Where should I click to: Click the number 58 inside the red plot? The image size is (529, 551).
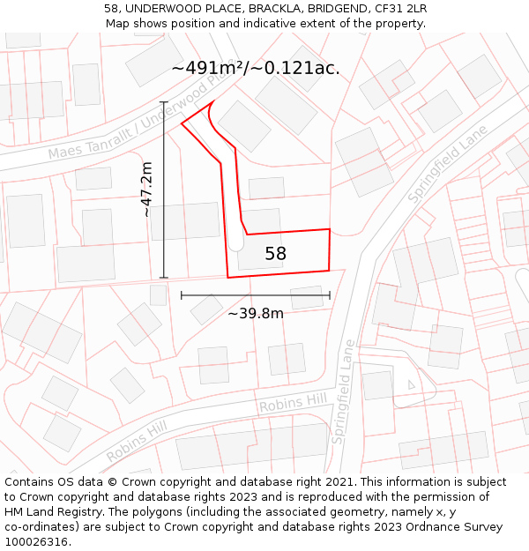tap(275, 254)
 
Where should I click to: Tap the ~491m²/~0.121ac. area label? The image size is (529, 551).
tap(256, 68)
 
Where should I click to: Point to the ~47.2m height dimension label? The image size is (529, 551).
tap(147, 189)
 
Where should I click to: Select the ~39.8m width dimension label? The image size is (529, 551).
tap(256, 313)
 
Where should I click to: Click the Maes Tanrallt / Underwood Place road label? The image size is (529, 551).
tap(132, 123)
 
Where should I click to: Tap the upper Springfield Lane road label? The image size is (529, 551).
tap(448, 164)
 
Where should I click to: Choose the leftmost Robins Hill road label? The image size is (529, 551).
tap(137, 441)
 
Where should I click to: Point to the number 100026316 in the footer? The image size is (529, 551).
tap(38, 542)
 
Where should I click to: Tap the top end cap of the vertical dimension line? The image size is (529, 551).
tap(164, 103)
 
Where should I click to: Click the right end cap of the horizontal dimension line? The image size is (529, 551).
tap(330, 295)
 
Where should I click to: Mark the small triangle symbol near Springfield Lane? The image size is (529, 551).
tap(411, 384)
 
